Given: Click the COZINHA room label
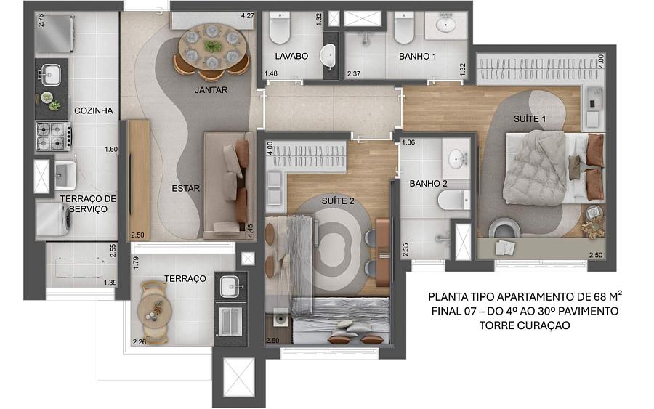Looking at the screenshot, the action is pyautogui.click(x=94, y=110).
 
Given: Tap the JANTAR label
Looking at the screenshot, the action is pyautogui.click(x=211, y=89).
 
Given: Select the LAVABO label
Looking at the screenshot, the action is pyautogui.click(x=291, y=56).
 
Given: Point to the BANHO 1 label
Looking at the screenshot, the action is pyautogui.click(x=418, y=56).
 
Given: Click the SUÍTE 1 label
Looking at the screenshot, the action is pyautogui.click(x=530, y=119).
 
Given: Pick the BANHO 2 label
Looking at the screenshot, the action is pyautogui.click(x=428, y=184).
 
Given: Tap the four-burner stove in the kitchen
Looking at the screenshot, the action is pyautogui.click(x=54, y=136).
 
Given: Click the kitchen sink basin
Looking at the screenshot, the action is pyautogui.click(x=50, y=75).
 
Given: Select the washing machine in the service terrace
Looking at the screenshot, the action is pyautogui.click(x=53, y=219).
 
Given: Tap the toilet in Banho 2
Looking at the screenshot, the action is pyautogui.click(x=454, y=201).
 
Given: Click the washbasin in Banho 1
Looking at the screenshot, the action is pyautogui.click(x=446, y=25).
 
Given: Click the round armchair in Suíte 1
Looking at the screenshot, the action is pyautogui.click(x=504, y=229).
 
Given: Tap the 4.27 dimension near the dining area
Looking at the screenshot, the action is pyautogui.click(x=247, y=16).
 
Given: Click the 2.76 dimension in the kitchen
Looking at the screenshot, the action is pyautogui.click(x=41, y=20).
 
